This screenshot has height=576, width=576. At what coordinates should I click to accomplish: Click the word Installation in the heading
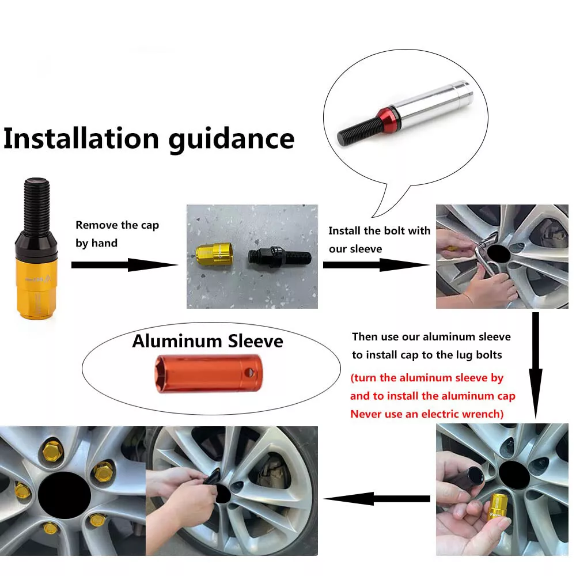click(x=81, y=138)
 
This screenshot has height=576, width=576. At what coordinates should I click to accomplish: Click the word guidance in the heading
click(x=232, y=140)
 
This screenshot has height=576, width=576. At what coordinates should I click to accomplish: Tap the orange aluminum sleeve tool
click(x=209, y=373)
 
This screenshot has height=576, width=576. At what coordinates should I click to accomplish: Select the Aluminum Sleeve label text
click(x=207, y=341)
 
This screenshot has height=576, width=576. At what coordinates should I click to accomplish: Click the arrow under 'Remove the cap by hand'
click(x=124, y=265)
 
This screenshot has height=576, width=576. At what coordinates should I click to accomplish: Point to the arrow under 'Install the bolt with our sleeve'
click(x=376, y=265)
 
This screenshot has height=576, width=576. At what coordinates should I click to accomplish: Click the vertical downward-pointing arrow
click(x=536, y=365)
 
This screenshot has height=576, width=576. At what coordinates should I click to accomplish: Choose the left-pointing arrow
click(x=377, y=498)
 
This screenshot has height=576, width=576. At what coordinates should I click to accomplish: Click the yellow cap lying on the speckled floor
click(x=214, y=254)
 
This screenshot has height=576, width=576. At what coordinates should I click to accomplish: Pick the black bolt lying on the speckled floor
click(x=279, y=256)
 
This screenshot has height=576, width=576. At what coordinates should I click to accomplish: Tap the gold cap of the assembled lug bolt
click(x=37, y=286)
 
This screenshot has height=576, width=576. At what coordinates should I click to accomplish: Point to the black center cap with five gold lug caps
click(x=65, y=495)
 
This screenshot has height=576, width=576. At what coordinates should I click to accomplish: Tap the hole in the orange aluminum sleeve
click(x=249, y=373)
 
